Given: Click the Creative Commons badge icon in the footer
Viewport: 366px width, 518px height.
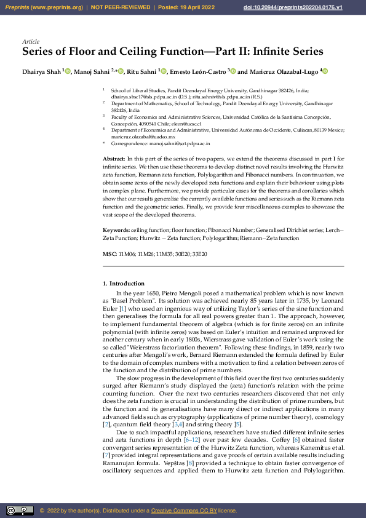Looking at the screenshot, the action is (19, 511).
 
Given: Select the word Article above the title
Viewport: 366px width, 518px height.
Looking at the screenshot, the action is (30, 42).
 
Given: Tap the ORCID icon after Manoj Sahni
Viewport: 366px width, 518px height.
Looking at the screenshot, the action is (121, 72).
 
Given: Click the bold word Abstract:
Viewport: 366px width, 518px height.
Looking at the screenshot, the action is (114, 159).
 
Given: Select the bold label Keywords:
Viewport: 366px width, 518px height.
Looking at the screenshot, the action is (116, 230).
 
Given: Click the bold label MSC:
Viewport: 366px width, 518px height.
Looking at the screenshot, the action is (109, 254).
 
